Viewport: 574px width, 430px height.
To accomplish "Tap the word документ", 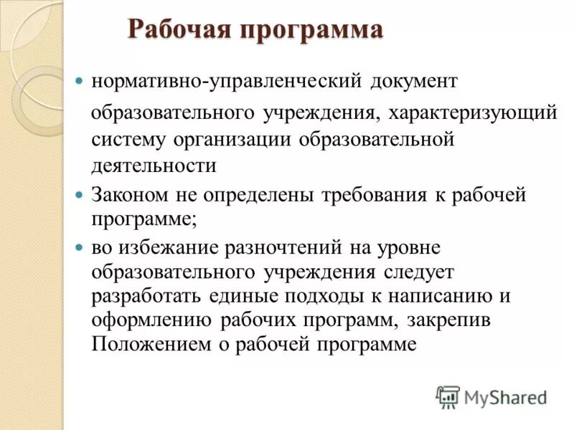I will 414,80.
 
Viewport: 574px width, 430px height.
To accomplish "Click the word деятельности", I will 154,166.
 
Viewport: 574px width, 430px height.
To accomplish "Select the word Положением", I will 151,344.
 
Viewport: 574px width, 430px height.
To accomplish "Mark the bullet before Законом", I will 80,195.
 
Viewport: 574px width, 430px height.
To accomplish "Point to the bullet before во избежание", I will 80,247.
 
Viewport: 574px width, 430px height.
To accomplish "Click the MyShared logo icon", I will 448,396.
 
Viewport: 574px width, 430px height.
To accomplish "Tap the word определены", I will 248,195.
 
